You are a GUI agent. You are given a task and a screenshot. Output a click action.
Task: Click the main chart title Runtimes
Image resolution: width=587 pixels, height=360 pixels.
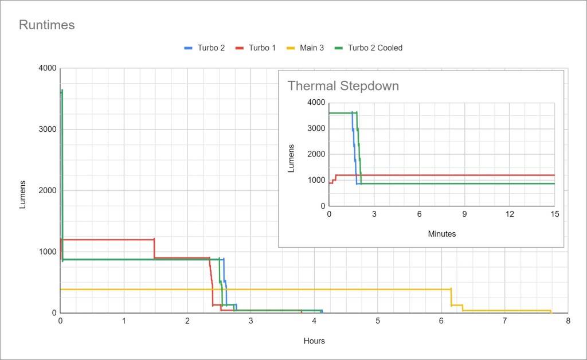[x=47, y=25]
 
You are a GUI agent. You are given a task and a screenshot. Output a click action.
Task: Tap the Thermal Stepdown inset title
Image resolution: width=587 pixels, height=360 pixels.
[x=343, y=87]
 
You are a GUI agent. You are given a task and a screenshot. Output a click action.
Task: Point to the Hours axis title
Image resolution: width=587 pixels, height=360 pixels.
[x=314, y=341]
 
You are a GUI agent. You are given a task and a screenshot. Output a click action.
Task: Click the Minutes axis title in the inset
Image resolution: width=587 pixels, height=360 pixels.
[x=441, y=234]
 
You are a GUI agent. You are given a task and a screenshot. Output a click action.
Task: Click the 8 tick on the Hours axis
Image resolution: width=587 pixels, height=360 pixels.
[x=568, y=320]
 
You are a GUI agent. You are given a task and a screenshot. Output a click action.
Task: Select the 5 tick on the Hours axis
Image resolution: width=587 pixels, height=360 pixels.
[x=378, y=320]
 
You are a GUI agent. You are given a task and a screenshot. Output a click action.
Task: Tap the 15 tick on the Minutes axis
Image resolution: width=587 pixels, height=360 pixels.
[x=554, y=214]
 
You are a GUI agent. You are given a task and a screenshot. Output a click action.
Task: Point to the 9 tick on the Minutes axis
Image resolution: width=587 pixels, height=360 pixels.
[x=464, y=214]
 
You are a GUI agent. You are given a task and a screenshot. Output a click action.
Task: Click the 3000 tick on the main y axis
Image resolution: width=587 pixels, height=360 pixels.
[x=47, y=130]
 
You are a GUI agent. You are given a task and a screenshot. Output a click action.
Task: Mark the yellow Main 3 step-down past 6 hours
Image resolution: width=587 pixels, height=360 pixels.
[x=451, y=297]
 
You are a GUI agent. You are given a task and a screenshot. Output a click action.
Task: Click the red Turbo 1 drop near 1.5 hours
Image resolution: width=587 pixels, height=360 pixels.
[x=154, y=249]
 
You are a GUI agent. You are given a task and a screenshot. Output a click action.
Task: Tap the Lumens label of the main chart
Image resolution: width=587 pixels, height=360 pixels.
[x=24, y=194]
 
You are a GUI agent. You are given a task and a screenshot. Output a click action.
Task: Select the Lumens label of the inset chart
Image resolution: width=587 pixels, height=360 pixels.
[x=292, y=158]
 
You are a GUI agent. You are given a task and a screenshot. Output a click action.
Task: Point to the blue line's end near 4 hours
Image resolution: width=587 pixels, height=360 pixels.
[x=322, y=311]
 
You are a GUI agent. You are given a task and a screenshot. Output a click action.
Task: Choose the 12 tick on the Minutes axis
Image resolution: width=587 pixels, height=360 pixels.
[x=509, y=214]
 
